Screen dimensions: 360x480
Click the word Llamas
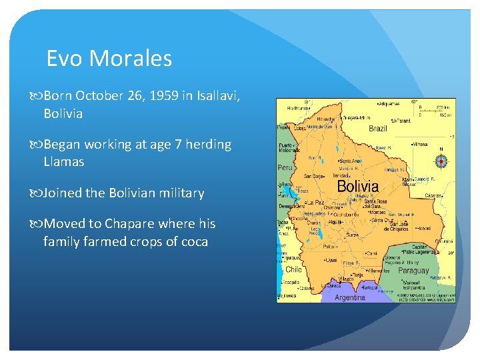tap(64, 161)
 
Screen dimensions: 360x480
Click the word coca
tap(193, 241)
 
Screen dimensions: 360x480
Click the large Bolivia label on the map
tap(357, 186)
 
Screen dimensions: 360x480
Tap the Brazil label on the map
tap(377, 128)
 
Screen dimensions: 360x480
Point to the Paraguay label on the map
tap(413, 271)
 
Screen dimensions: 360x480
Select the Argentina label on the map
tap(349, 297)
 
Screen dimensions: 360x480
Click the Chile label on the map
tap(293, 269)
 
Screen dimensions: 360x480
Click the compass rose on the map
tap(441, 161)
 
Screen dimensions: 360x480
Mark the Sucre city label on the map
tap(351, 235)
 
